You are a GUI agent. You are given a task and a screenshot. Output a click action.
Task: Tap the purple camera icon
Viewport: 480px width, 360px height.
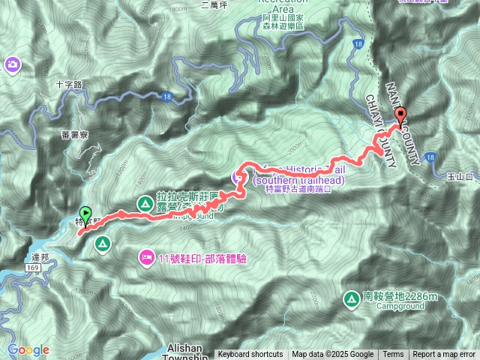[x=12, y=64]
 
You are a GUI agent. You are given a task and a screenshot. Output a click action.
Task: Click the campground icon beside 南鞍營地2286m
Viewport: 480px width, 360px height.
[x=350, y=298]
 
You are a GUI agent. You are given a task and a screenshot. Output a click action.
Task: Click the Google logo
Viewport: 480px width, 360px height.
[x=28, y=349]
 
